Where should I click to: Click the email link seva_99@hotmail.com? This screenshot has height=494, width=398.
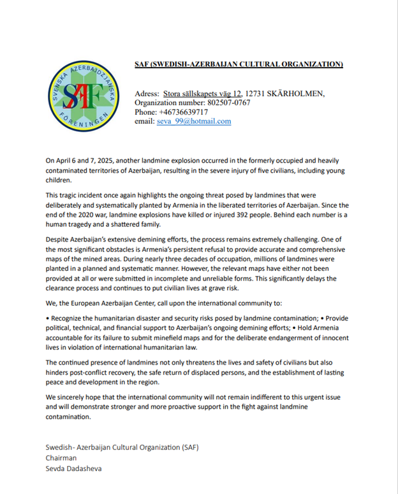(194, 121)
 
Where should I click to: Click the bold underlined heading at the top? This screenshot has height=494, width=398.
(239, 64)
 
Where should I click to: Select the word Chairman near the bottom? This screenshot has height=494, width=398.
(61, 457)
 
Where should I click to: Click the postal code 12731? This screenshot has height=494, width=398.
(258, 94)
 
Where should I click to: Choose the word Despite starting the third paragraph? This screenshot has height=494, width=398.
(58, 236)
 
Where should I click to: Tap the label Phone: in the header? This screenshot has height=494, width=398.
(146, 112)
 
